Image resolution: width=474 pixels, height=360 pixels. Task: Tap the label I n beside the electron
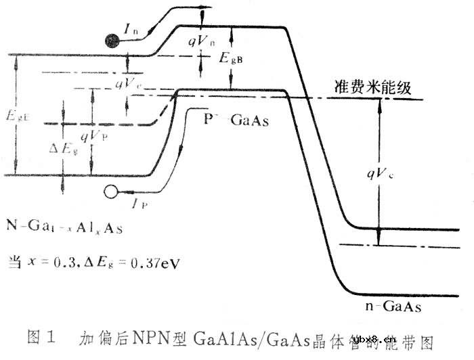133,28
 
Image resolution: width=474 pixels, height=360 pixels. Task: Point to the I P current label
141,201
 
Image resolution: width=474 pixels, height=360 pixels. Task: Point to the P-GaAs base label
236,121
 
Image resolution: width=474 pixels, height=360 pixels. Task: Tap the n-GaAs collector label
389,307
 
